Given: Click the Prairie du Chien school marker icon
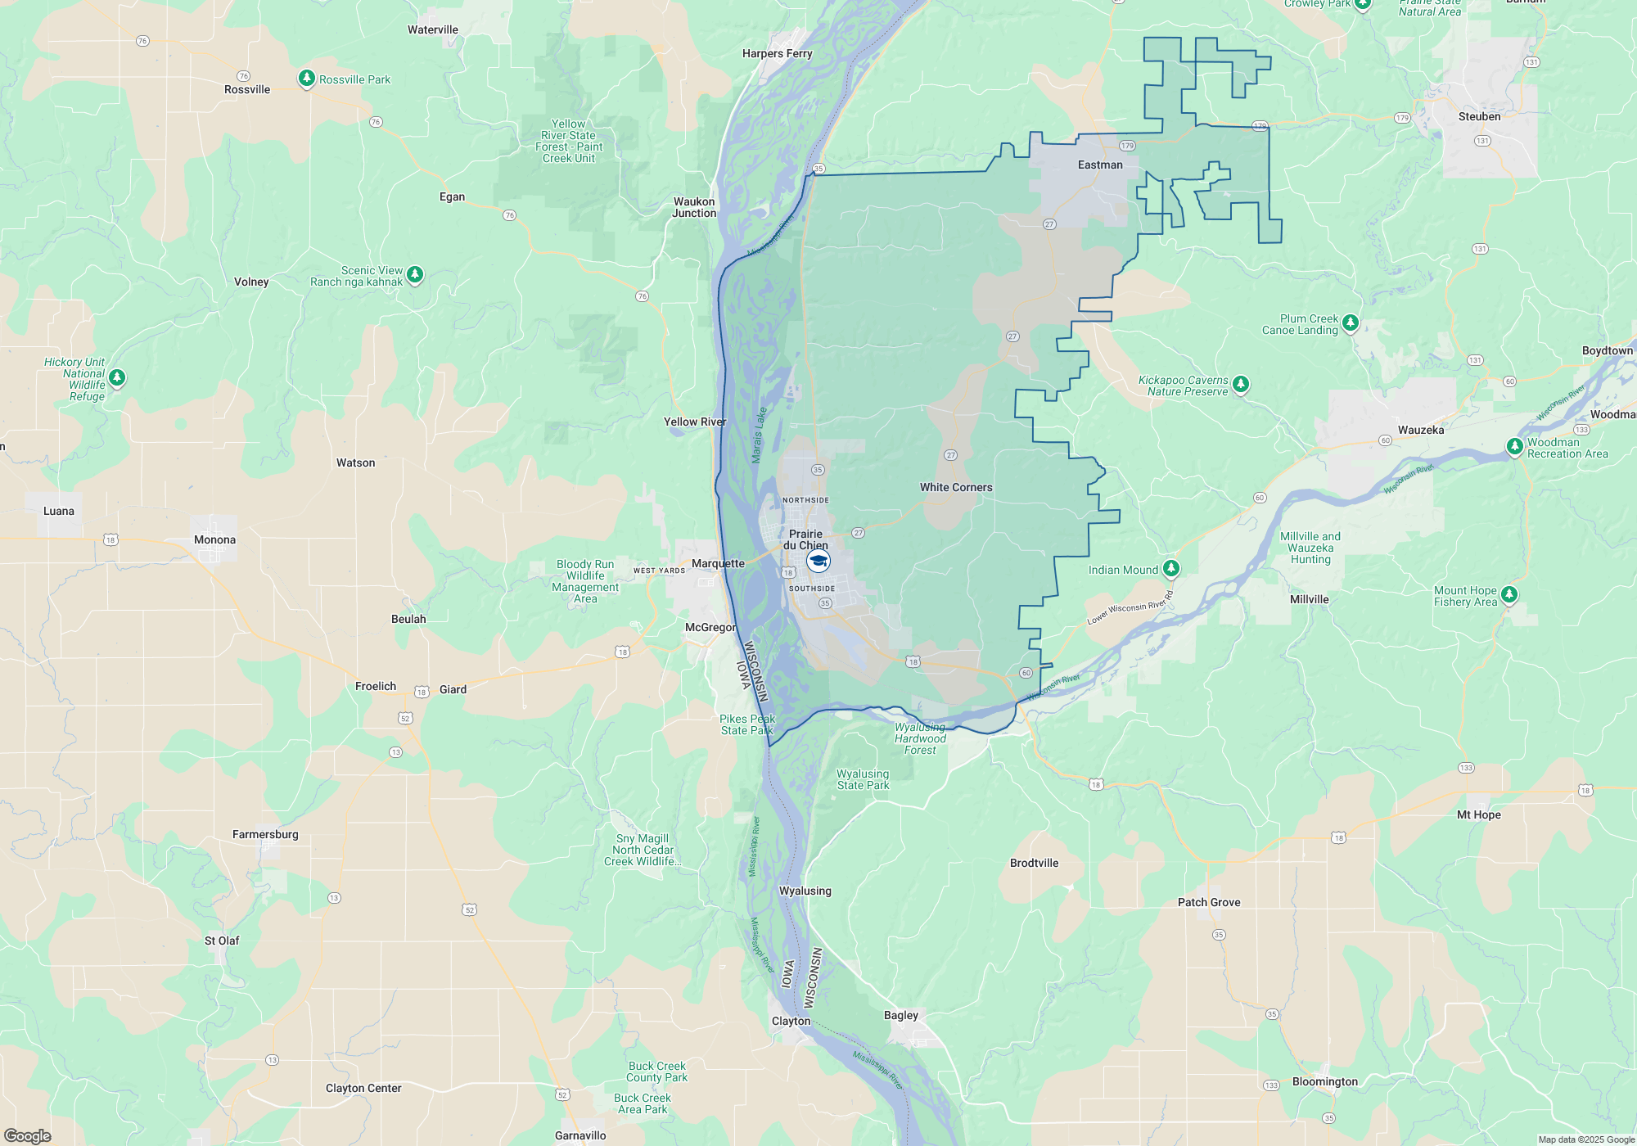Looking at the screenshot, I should (x=818, y=561).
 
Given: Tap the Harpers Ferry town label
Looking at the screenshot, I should (x=777, y=53).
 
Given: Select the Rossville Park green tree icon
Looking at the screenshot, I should (x=306, y=78).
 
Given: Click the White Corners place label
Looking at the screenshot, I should (x=955, y=487).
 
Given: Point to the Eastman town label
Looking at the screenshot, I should (x=1099, y=165).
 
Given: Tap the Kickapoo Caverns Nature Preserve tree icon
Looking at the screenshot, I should (x=1241, y=383).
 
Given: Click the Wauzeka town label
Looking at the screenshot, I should (x=1420, y=430).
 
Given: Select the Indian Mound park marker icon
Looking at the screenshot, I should (x=1171, y=567).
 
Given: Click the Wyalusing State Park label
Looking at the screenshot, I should (x=863, y=779).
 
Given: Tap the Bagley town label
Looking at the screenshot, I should (x=900, y=1015).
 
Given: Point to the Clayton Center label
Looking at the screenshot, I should (x=363, y=1088).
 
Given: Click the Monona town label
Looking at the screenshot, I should (x=214, y=539).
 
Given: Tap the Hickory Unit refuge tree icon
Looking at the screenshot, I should (x=117, y=377).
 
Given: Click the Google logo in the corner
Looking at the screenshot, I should (x=27, y=1136).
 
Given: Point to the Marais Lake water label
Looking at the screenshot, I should (x=760, y=435).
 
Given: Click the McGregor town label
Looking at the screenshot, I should (x=710, y=627).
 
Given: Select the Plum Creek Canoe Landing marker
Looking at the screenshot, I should (x=1351, y=322).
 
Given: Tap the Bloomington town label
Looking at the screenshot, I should (x=1324, y=1081).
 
